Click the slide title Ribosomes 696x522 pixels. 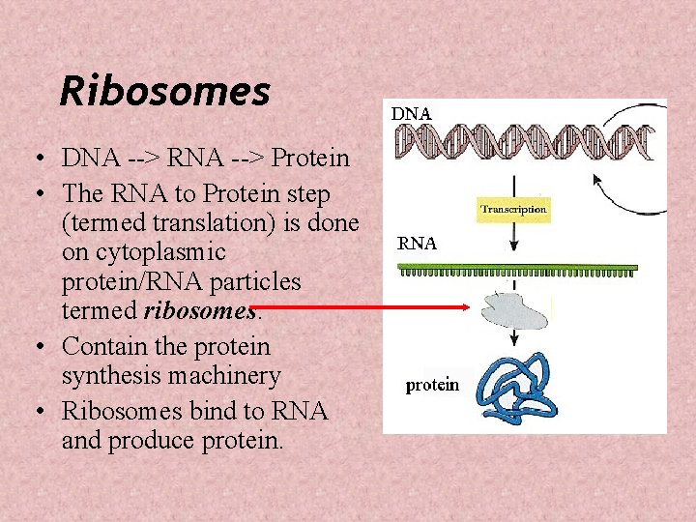point(164,92)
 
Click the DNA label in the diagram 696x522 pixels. point(411,113)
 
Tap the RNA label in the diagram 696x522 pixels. point(418,245)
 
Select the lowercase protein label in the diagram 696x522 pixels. point(432,385)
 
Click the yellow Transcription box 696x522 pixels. point(514,209)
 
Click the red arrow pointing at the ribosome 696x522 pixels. point(367,307)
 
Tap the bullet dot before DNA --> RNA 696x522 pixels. point(36,159)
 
